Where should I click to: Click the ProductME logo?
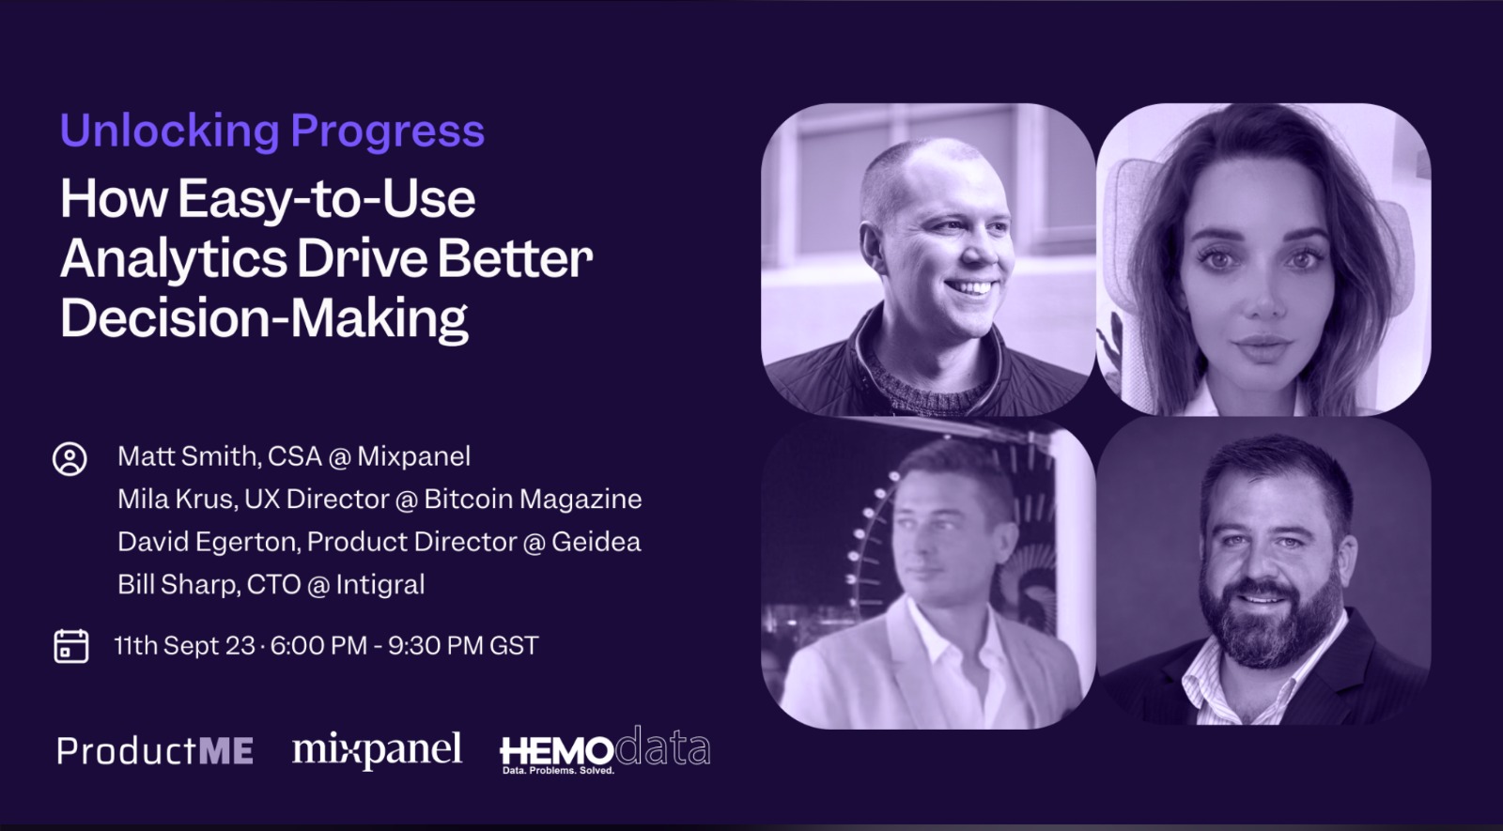(155, 750)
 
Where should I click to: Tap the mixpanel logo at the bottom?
(377, 750)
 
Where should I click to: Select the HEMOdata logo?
(605, 750)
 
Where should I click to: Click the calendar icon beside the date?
(71, 646)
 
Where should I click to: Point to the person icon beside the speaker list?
(70, 459)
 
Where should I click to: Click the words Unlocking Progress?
(271, 131)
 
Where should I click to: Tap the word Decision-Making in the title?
(264, 318)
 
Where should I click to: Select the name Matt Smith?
(187, 456)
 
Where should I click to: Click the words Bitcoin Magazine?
(533, 499)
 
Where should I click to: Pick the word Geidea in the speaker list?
(596, 542)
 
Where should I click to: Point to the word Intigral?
(380, 585)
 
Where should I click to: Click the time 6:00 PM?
(318, 645)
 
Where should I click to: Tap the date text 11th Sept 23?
(184, 645)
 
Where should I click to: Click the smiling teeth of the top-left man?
(969, 288)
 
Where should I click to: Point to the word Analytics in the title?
(174, 259)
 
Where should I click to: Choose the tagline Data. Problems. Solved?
(558, 771)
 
